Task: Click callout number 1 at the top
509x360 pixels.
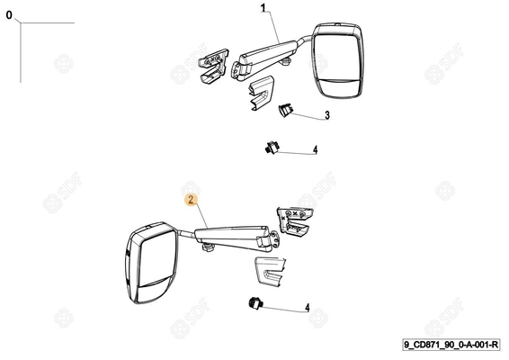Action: [263, 8]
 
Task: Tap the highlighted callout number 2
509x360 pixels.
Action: [192, 200]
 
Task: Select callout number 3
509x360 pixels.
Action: [327, 115]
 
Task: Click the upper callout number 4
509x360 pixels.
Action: [316, 149]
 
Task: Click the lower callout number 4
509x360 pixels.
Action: [307, 308]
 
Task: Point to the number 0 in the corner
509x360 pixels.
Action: [9, 15]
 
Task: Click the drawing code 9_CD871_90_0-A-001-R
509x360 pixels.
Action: [451, 345]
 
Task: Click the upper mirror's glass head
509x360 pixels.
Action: [337, 60]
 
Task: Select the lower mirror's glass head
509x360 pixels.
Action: [151, 263]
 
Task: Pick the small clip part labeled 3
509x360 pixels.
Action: [285, 110]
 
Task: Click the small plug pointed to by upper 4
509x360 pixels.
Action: [272, 148]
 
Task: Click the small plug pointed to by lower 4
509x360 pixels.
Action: [255, 303]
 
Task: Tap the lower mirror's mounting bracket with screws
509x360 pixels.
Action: [295, 221]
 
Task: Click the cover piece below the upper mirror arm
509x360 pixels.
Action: [262, 93]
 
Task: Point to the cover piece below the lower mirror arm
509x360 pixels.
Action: [270, 272]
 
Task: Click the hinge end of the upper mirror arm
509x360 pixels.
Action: [240, 70]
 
